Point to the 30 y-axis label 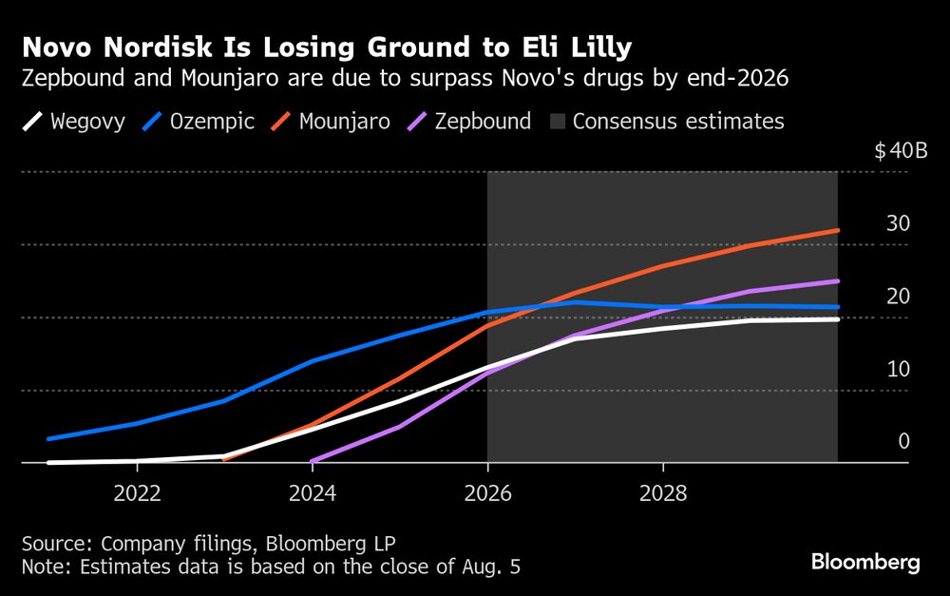[x=898, y=223]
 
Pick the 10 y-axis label [x=898, y=369]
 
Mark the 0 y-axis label [x=903, y=441]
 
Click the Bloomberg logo [x=865, y=563]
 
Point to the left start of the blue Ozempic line [x=48, y=439]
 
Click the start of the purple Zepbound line [x=312, y=462]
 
